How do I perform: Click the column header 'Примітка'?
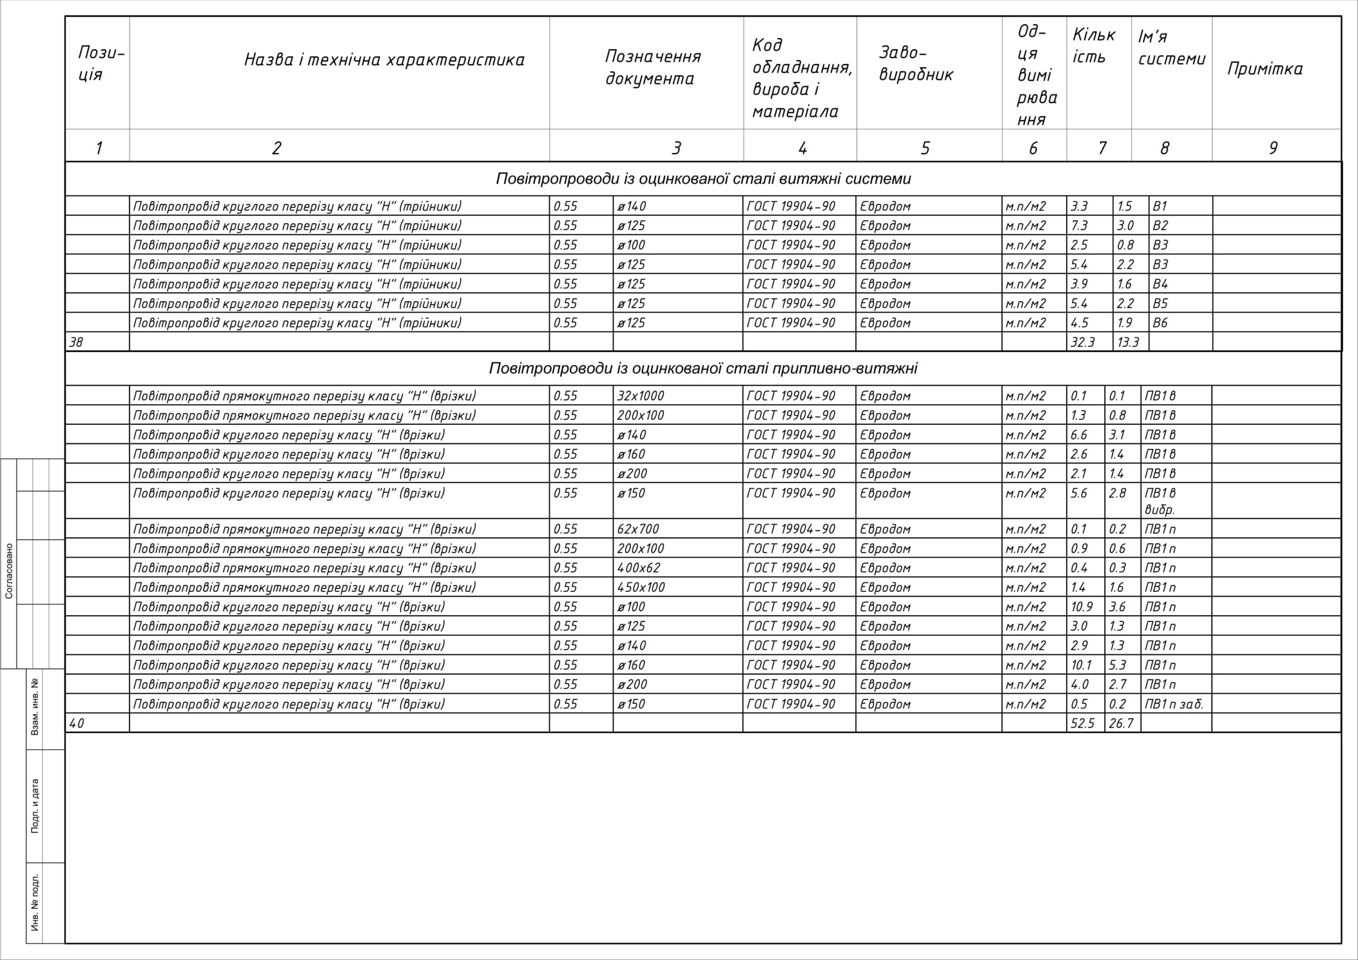[x=1265, y=69]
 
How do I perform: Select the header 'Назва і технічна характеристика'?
[x=384, y=60]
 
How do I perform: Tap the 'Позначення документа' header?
[x=652, y=67]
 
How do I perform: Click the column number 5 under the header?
[x=925, y=148]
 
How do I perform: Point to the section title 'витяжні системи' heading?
[x=703, y=179]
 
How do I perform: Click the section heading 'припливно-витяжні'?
[x=703, y=369]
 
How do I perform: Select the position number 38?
[x=76, y=342]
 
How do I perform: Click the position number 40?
[x=77, y=723]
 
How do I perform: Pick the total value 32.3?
[x=1082, y=342]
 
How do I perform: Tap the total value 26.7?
[x=1121, y=723]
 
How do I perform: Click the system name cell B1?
[x=1159, y=206]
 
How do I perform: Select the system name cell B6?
[x=1160, y=323]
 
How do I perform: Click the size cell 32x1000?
[x=641, y=396]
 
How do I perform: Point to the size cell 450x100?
[x=641, y=587]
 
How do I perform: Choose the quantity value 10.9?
[x=1082, y=607]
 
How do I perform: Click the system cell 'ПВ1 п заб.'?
[x=1173, y=704]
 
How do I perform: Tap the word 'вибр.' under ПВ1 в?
[x=1159, y=509]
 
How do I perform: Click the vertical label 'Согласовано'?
[x=9, y=571]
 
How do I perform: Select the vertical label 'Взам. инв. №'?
[x=35, y=707]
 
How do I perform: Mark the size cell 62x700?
[x=638, y=529]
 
